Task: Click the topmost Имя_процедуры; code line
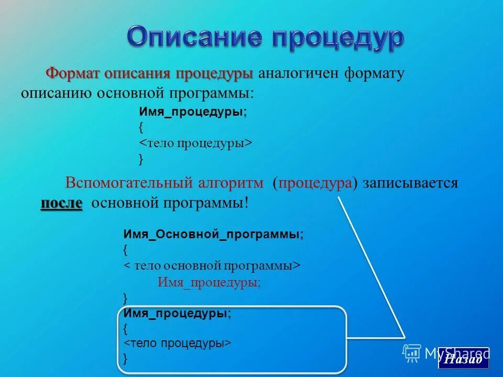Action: coord(193,112)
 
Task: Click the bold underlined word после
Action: coord(61,203)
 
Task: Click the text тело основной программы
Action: coord(214,265)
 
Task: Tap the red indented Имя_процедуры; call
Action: coord(209,282)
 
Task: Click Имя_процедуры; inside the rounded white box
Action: coord(177,313)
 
